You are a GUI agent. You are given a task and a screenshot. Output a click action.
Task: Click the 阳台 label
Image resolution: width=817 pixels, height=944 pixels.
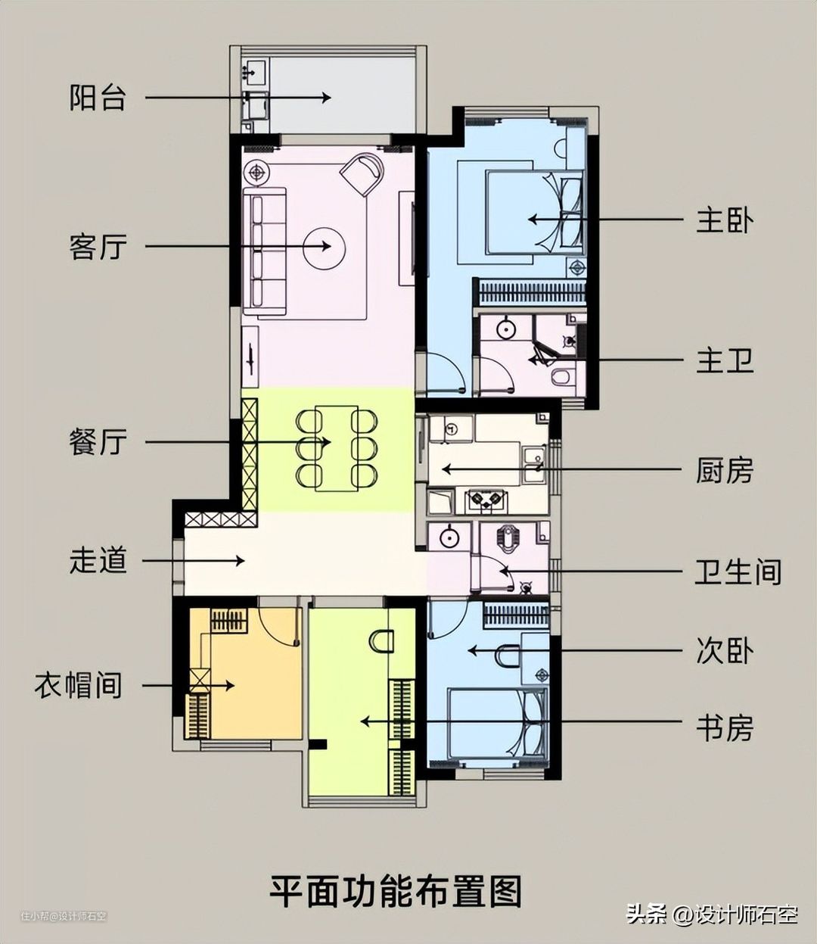(98, 98)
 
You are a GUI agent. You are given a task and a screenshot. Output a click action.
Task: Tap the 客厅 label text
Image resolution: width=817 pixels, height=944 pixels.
(98, 247)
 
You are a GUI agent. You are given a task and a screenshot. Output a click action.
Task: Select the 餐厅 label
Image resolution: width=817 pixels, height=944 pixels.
(98, 442)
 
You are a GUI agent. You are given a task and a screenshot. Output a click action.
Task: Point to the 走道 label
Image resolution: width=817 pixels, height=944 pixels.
(98, 560)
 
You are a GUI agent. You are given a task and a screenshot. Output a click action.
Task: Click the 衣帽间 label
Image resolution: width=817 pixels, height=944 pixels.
(79, 685)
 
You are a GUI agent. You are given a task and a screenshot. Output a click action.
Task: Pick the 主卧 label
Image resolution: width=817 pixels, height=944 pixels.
(725, 220)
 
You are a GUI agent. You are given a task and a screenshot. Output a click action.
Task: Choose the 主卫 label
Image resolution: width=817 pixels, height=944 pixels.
(725, 360)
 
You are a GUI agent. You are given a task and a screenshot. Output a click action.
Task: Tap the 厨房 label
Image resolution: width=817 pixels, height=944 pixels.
(725, 469)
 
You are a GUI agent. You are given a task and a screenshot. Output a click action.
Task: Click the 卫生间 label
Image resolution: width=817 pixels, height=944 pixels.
(738, 572)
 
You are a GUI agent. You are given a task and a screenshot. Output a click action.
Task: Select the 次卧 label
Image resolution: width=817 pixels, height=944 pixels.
(725, 650)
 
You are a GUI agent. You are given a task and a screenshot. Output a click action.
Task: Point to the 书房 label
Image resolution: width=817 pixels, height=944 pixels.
(725, 727)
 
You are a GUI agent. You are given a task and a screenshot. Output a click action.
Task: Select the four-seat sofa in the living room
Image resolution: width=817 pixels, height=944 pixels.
(265, 251)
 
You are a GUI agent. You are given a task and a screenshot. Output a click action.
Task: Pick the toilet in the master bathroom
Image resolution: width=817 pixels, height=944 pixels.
(561, 376)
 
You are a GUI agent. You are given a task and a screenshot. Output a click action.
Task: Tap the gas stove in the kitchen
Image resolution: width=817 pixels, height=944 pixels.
(485, 500)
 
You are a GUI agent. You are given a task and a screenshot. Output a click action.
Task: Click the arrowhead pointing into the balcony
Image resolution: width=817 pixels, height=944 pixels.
(326, 98)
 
